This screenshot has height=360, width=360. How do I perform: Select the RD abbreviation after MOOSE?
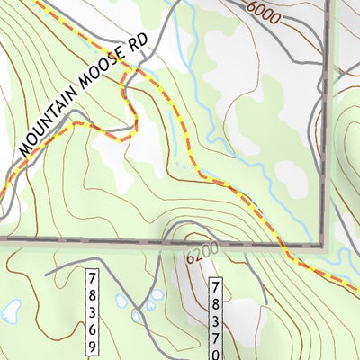point(137,55)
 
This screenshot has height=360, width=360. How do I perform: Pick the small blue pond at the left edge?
point(11,312)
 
